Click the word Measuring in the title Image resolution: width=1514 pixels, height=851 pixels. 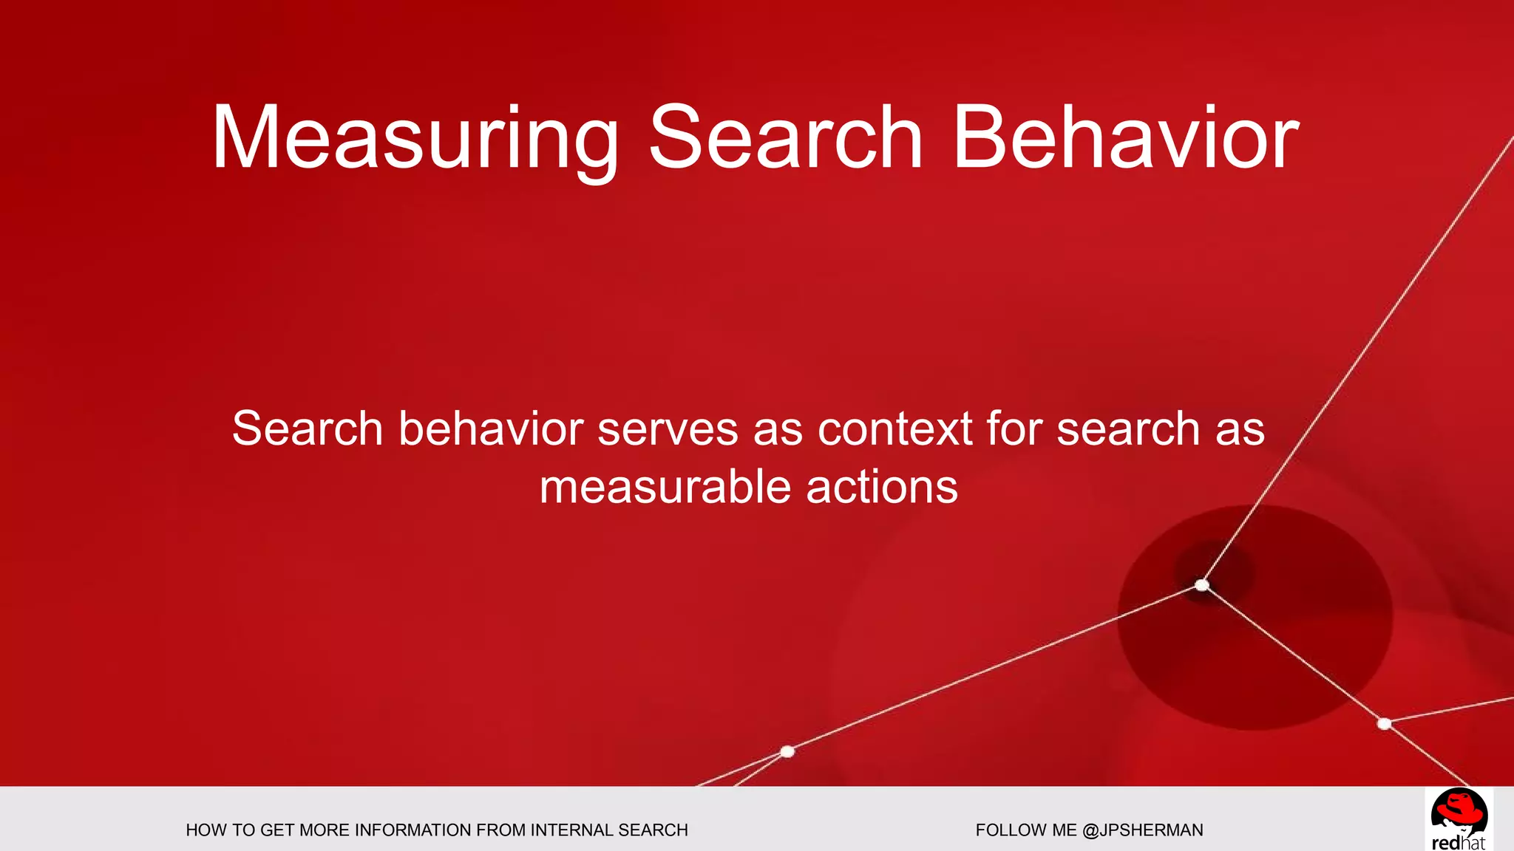pyautogui.click(x=415, y=139)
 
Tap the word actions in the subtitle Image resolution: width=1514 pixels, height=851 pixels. pyautogui.click(x=882, y=488)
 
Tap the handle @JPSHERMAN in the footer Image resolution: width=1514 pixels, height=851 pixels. pyautogui.click(x=1143, y=830)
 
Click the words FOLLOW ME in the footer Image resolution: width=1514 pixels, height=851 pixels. pyautogui.click(x=1026, y=830)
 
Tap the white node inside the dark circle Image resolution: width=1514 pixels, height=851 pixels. pyautogui.click(x=1202, y=586)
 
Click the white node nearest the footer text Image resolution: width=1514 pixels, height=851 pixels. pyautogui.click(x=787, y=751)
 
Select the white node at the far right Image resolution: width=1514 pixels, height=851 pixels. pyautogui.click(x=1385, y=724)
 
